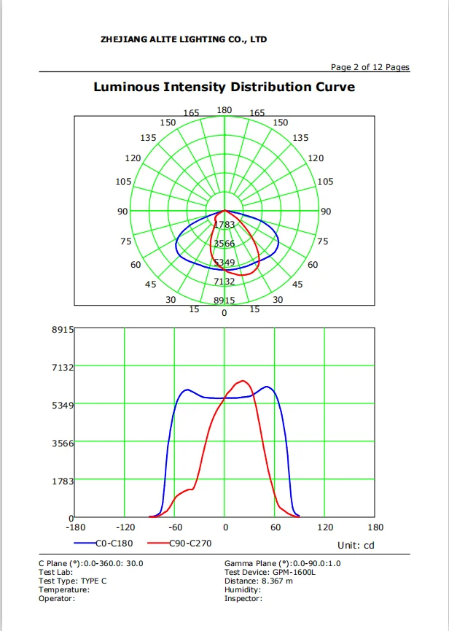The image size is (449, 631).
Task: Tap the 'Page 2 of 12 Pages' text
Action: tap(370, 67)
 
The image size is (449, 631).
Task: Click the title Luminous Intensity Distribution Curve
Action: tap(224, 88)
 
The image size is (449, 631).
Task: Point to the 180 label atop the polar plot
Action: tap(224, 110)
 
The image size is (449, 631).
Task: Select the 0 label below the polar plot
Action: tap(224, 314)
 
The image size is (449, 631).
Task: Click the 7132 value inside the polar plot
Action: tap(224, 282)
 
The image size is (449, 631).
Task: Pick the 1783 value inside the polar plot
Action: tap(224, 225)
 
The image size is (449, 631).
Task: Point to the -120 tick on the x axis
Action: tap(125, 527)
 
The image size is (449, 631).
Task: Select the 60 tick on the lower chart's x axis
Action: tap(275, 527)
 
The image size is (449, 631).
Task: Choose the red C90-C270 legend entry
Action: tap(182, 543)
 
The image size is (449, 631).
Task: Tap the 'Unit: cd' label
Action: tap(356, 545)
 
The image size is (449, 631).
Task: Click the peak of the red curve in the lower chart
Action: tap(243, 381)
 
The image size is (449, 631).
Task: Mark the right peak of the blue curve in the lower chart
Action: tap(268, 387)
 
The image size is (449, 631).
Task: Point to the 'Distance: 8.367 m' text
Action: tap(259, 581)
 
